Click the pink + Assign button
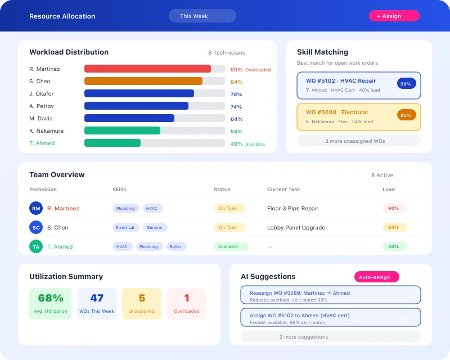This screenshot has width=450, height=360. pos(394,16)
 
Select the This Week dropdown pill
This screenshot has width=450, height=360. pos(202,16)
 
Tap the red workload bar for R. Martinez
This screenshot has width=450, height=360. pos(147,69)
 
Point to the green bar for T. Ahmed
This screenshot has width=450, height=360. pos(112,143)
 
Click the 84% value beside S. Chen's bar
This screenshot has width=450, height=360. pos(236,82)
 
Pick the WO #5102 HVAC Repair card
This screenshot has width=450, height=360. pos(358,85)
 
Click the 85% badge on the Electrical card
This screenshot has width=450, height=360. pos(406,115)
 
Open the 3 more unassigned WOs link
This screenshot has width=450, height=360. pos(358,141)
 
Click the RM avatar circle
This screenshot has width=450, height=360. pos(36,209)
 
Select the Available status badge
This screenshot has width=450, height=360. pos(230,246)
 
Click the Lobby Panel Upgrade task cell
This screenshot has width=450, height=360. pos(296,227)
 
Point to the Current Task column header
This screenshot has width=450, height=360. pos(283,190)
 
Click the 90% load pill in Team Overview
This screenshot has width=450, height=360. pos(394,208)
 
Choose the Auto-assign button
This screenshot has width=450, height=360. pos(376,277)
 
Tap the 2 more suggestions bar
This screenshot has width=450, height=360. pos(330,337)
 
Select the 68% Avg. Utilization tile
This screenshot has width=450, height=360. pos(51,304)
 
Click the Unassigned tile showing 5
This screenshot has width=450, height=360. pos(142,304)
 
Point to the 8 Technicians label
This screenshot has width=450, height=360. pos(227,53)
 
